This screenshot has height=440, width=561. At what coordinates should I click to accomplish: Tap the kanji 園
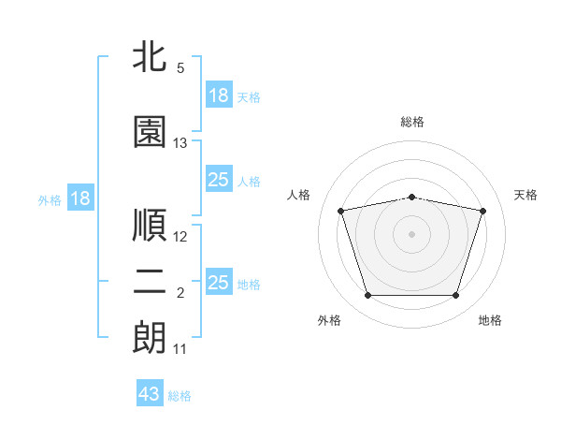coord(149,132)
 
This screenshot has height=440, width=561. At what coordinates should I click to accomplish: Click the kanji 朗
coord(149,338)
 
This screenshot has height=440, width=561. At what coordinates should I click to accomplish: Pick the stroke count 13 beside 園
coord(180,143)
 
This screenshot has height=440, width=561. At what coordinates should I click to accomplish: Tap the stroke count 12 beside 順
coord(180,236)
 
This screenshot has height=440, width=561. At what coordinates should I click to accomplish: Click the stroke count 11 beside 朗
coord(180,349)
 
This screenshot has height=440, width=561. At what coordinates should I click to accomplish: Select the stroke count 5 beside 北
coord(180,67)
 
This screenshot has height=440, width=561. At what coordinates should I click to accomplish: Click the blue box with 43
coord(150,394)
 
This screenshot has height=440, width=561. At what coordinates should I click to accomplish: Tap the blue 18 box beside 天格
coord(219,95)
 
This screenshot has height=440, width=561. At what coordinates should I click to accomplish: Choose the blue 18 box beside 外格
coord(79,198)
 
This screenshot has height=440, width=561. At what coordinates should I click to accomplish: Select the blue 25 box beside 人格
coord(219,180)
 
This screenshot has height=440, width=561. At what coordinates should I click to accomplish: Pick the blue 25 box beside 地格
coord(219,283)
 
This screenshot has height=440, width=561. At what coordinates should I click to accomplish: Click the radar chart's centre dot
coord(411,233)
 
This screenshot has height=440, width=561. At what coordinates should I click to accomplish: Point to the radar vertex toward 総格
coord(411,197)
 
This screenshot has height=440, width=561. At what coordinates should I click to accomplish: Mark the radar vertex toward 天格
coord(482,211)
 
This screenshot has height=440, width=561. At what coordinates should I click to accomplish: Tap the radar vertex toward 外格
coord(367,295)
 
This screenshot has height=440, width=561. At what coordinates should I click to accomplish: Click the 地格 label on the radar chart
coord(490,320)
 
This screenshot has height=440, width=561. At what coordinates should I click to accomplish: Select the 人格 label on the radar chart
coord(298,195)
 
